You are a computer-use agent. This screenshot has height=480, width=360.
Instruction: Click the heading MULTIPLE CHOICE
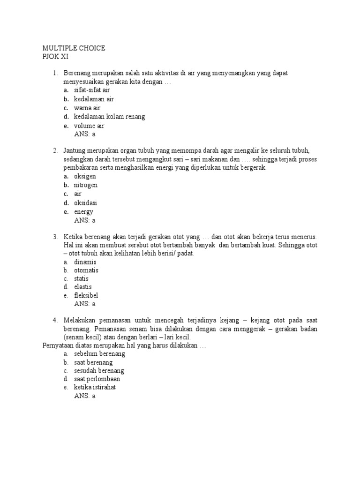point(74,48)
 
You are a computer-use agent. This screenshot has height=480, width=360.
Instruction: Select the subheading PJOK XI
point(55,57)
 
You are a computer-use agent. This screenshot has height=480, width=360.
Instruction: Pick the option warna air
point(87,108)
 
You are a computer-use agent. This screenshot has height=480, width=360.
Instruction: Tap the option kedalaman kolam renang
point(109,117)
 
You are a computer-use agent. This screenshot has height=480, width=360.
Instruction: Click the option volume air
point(89,126)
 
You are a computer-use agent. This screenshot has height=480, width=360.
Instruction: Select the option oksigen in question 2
point(85,176)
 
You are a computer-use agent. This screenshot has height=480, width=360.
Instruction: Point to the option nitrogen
point(86,185)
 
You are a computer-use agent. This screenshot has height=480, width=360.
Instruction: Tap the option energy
point(83,212)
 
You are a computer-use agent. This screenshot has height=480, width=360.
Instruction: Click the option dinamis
point(85,262)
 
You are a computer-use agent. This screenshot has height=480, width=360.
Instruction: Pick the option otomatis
point(86,271)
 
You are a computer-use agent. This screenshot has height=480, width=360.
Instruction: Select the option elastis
point(83,286)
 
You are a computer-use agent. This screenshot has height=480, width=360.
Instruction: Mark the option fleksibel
point(86,295)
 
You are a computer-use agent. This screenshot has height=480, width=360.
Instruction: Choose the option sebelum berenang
point(99,354)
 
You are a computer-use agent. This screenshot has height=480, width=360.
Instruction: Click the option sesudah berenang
point(99,370)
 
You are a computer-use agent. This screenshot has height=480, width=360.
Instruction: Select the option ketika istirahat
point(96,388)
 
